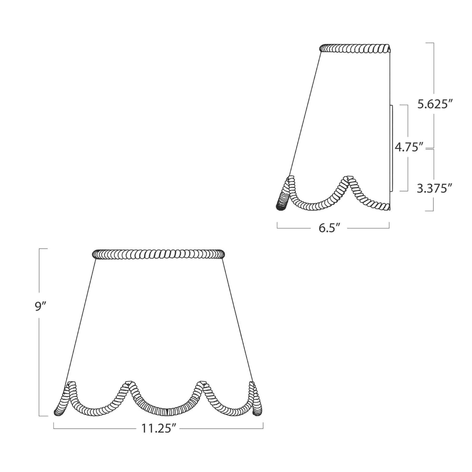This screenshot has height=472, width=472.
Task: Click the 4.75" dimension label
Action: tap(409, 148)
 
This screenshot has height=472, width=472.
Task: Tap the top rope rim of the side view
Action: tap(355, 49)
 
